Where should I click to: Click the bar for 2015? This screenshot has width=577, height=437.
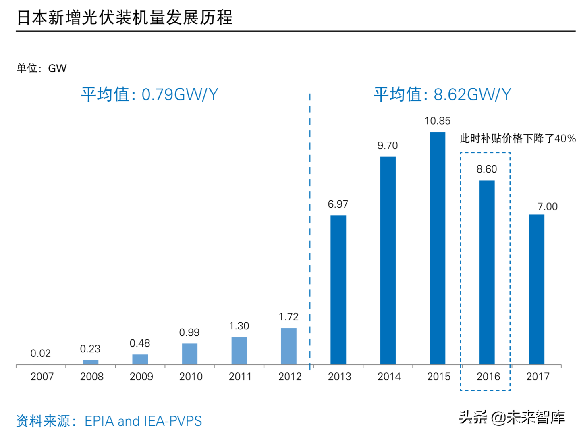[437, 248]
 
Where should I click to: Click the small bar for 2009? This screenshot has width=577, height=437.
[140, 359]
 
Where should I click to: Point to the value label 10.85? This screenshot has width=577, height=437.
[437, 121]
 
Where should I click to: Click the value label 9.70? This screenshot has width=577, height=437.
[387, 146]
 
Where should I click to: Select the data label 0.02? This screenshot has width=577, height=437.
[40, 354]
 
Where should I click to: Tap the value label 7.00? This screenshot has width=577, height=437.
[547, 207]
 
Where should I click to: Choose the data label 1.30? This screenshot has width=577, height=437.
[239, 326]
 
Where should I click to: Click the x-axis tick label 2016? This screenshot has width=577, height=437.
[488, 377]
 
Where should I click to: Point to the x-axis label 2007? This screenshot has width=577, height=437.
[42, 377]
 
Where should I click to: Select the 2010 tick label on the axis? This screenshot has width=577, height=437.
[191, 377]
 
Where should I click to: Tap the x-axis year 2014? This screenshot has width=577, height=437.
[389, 377]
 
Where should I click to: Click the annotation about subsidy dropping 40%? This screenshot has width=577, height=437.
[517, 139]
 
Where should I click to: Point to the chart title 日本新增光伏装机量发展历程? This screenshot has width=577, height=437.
[125, 18]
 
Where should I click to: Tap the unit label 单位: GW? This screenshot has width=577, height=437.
[42, 68]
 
